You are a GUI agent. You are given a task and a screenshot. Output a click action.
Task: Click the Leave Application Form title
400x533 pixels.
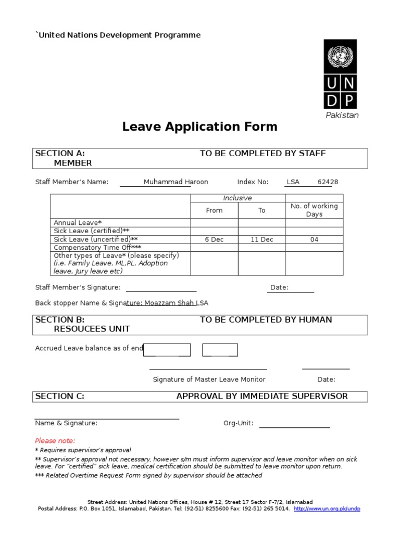pyautogui.click(x=200, y=126)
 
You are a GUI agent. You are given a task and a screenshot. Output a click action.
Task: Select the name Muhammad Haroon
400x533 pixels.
pyautogui.click(x=176, y=182)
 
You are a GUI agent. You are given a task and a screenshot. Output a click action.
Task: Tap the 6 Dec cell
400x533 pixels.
pyautogui.click(x=214, y=239)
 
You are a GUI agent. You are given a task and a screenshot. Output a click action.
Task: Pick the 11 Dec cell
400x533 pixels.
pyautogui.click(x=261, y=239)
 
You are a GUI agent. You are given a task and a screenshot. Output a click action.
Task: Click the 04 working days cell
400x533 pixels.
pyautogui.click(x=314, y=239)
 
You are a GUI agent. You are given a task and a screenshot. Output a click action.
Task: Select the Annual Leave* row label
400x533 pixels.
pyautogui.click(x=78, y=223)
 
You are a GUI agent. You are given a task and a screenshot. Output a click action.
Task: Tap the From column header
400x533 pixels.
pyautogui.click(x=214, y=210)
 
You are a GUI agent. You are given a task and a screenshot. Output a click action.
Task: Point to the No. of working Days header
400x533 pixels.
pyautogui.click(x=314, y=210)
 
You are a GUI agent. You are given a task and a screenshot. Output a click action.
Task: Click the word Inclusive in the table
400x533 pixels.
pyautogui.click(x=238, y=198)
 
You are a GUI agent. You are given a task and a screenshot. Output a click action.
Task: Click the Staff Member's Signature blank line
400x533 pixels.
pyautogui.click(x=161, y=290)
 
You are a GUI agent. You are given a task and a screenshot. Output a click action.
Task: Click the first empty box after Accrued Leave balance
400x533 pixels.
pyautogui.click(x=167, y=350)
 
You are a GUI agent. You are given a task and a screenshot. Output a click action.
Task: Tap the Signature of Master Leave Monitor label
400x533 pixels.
pyautogui.click(x=209, y=379)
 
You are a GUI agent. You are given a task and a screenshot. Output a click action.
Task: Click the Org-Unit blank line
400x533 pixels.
pyautogui.click(x=294, y=426)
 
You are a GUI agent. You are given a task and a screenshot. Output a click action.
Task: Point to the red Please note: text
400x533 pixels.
pyautogui.click(x=55, y=440)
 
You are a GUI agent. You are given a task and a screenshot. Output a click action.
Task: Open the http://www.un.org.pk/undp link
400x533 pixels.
pyautogui.click(x=327, y=509)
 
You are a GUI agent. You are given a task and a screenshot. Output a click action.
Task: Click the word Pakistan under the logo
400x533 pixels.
pyautogui.click(x=342, y=115)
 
